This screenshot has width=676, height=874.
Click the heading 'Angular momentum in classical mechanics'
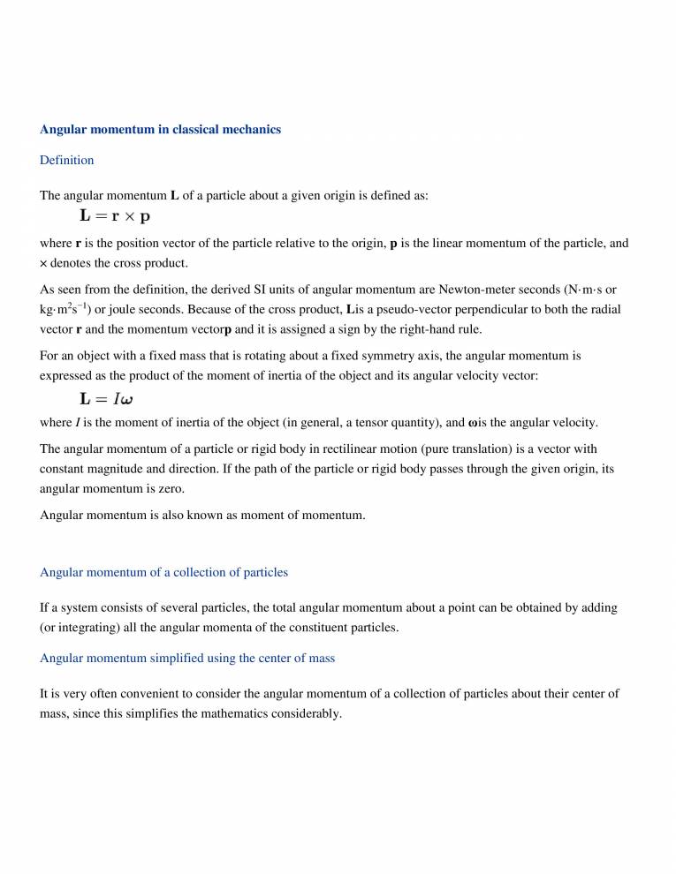[160, 129]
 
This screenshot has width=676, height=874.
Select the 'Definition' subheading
[66, 161]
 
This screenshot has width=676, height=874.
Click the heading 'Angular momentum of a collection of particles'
[163, 572]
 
